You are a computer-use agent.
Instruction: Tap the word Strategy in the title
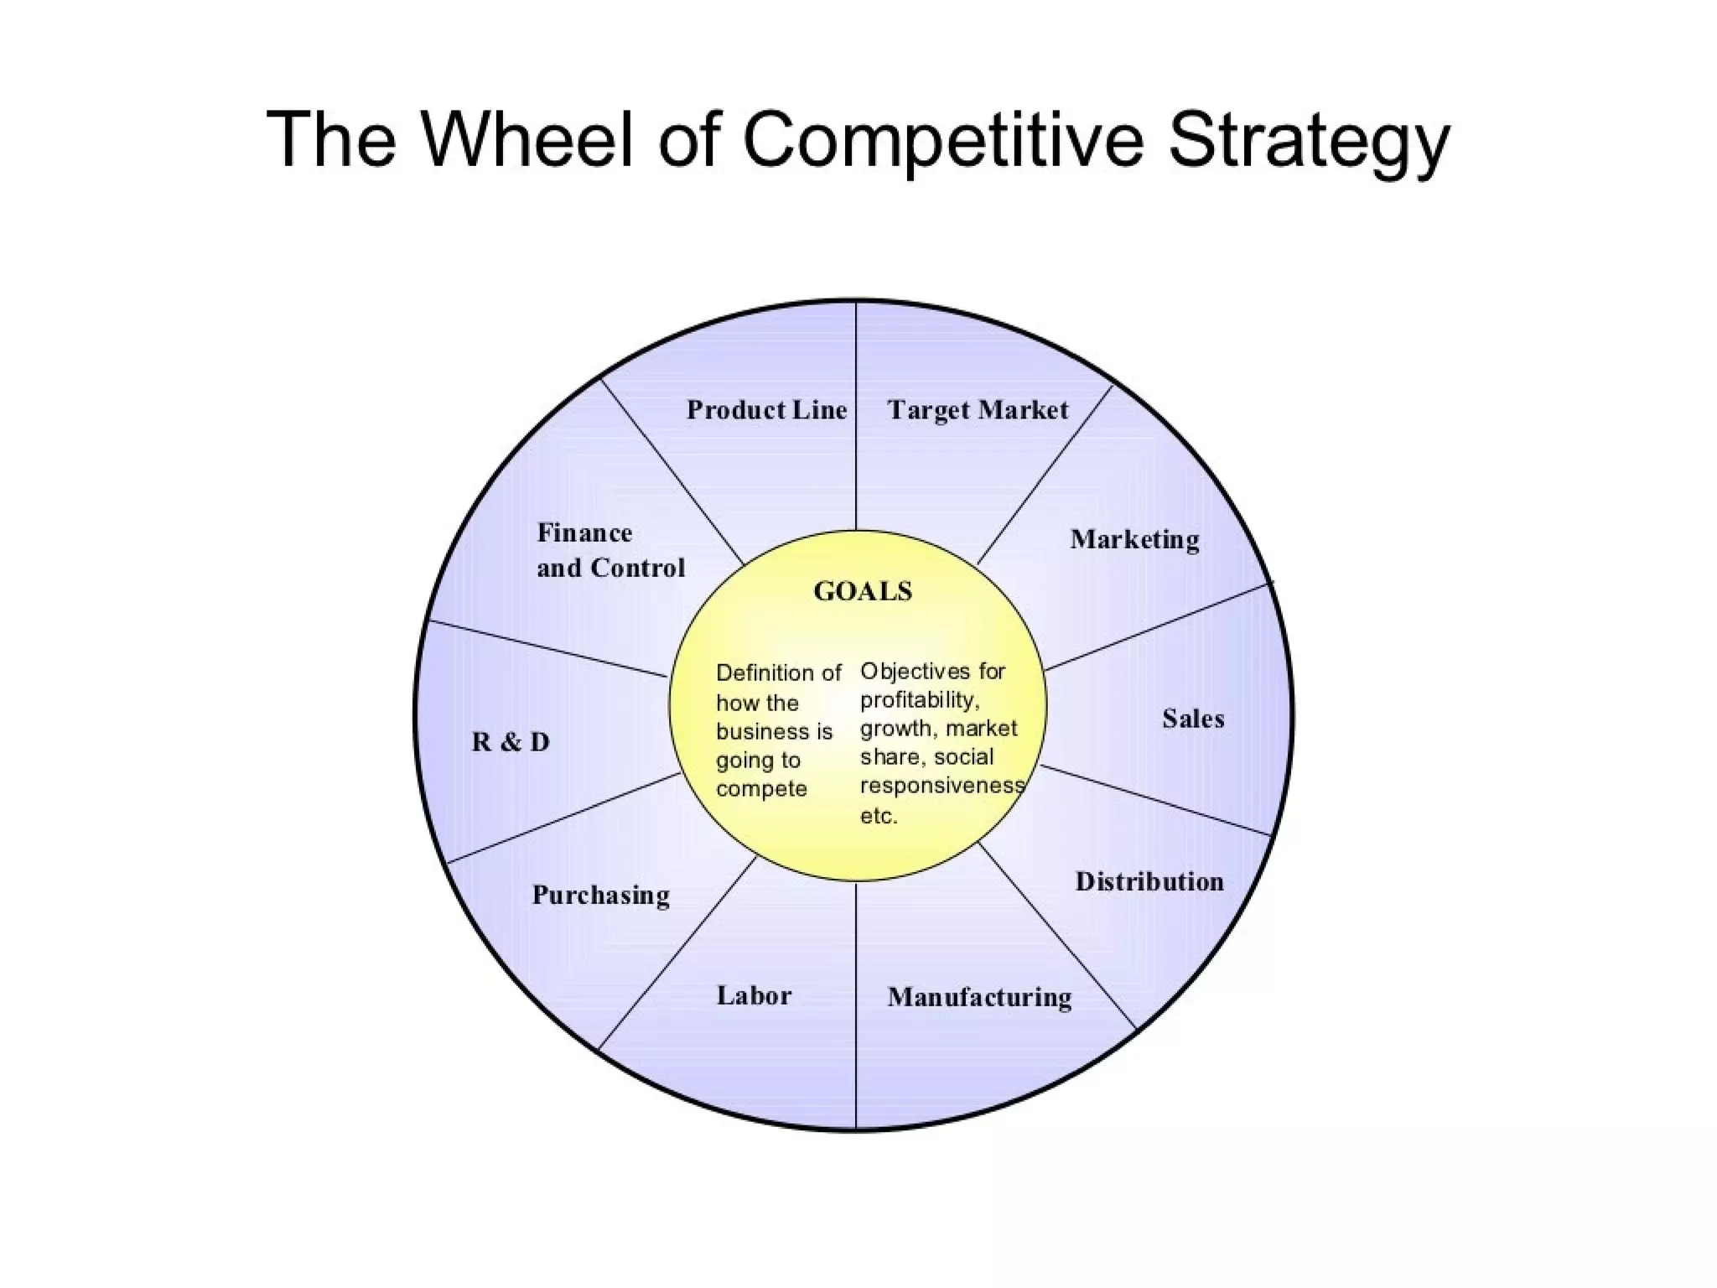click(x=1308, y=141)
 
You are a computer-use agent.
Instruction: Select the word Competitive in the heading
click(x=942, y=141)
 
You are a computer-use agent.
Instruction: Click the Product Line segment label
click(x=766, y=410)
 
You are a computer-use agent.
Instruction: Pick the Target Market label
click(x=978, y=410)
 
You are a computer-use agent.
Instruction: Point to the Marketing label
click(x=1134, y=540)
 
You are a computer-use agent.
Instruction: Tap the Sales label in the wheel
click(x=1193, y=719)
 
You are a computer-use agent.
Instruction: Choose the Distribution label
click(x=1149, y=881)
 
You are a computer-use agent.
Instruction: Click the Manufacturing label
click(x=979, y=997)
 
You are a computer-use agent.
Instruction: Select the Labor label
click(x=754, y=995)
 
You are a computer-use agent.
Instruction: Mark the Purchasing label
click(x=601, y=896)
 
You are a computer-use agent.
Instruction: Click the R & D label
click(x=511, y=742)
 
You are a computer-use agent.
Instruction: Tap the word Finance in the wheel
click(x=584, y=533)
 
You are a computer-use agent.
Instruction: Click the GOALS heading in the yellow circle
click(x=863, y=592)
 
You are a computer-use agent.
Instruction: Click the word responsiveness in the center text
click(x=941, y=787)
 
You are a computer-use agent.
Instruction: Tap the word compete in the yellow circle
click(x=761, y=790)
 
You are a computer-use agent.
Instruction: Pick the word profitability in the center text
click(x=919, y=700)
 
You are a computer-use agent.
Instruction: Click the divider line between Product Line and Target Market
click(x=856, y=419)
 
